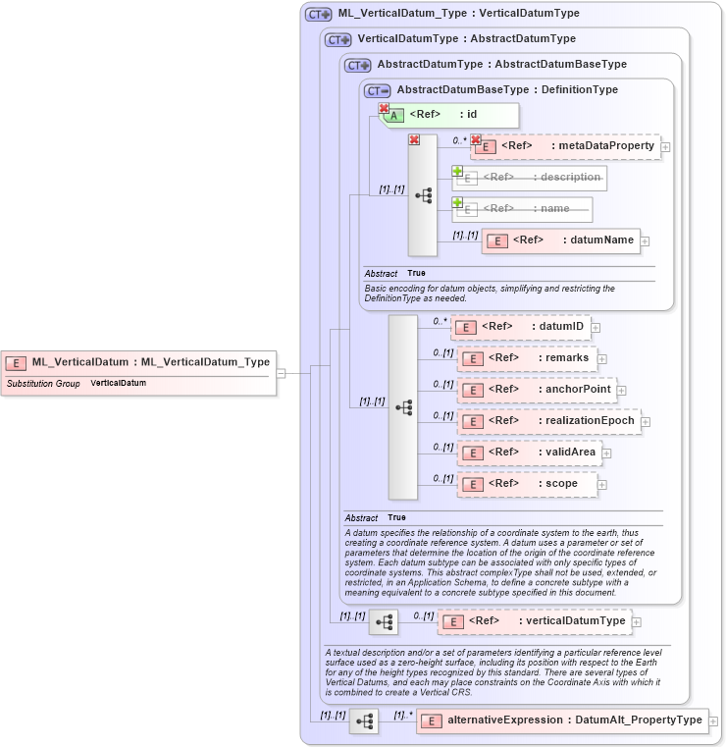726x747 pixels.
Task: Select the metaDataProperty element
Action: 566,146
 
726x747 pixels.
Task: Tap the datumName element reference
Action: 561,240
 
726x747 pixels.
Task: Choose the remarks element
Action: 528,358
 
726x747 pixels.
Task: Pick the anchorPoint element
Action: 538,390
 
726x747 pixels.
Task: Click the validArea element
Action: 530,453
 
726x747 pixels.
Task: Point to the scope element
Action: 528,484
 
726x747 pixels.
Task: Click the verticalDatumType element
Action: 535,621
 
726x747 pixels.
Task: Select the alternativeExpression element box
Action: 561,720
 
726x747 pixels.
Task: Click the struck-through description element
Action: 530,178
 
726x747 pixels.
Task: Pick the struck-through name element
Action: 523,209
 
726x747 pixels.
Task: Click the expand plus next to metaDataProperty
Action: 666,147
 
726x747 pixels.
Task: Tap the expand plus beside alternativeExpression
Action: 714,721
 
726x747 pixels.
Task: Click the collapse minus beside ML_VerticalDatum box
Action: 282,373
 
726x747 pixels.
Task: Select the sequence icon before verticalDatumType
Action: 384,621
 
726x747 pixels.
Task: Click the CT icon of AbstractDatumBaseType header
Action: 378,90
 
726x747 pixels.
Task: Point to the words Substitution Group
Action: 43,383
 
